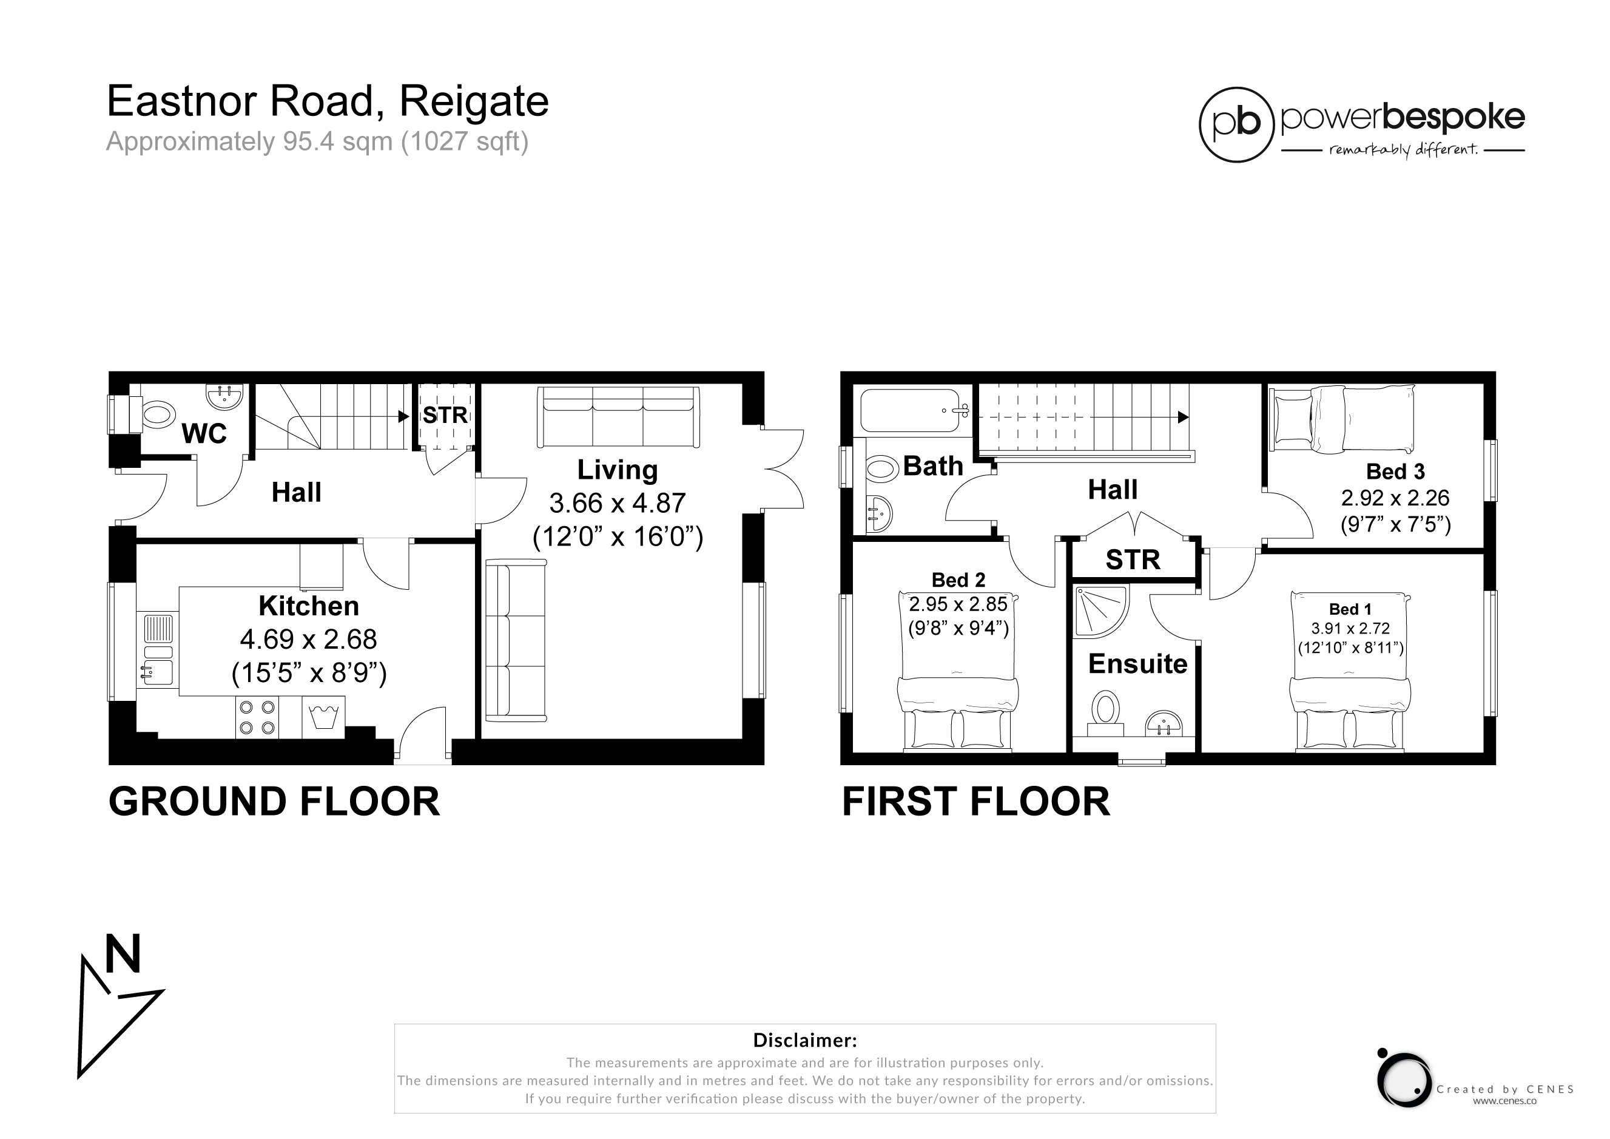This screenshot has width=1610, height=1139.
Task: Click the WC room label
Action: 204,434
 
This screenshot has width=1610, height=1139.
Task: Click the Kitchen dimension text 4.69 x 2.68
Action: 309,640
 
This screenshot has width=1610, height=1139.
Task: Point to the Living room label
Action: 617,470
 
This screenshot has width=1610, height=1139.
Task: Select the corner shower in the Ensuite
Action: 1101,612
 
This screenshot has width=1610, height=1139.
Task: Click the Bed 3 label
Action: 1395,471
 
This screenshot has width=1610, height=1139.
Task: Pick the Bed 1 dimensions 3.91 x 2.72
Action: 1350,629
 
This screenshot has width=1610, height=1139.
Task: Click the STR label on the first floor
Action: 1133,559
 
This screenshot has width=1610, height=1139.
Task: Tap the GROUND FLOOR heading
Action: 274,802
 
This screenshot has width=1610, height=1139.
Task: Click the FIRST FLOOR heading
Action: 976,802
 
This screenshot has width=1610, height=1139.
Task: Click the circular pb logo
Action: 1236,125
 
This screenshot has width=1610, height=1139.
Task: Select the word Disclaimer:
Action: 805,1040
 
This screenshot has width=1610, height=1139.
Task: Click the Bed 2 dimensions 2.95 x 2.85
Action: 958,604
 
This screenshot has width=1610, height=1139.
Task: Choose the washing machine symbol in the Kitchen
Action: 323,717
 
